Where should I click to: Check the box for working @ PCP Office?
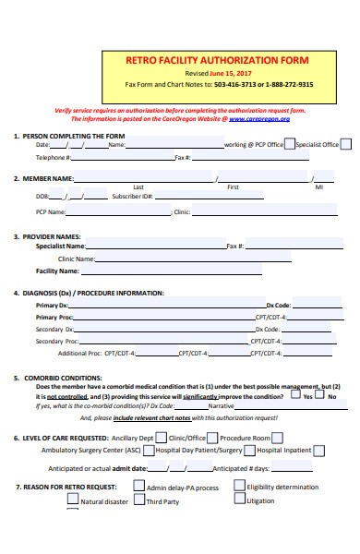coord(290,143)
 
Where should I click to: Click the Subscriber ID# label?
coord(132,197)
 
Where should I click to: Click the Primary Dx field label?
coord(52,305)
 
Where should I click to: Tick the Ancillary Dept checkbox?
coord(162,438)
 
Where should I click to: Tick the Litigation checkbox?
coord(240,500)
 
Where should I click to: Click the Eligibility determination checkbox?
coord(240,487)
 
